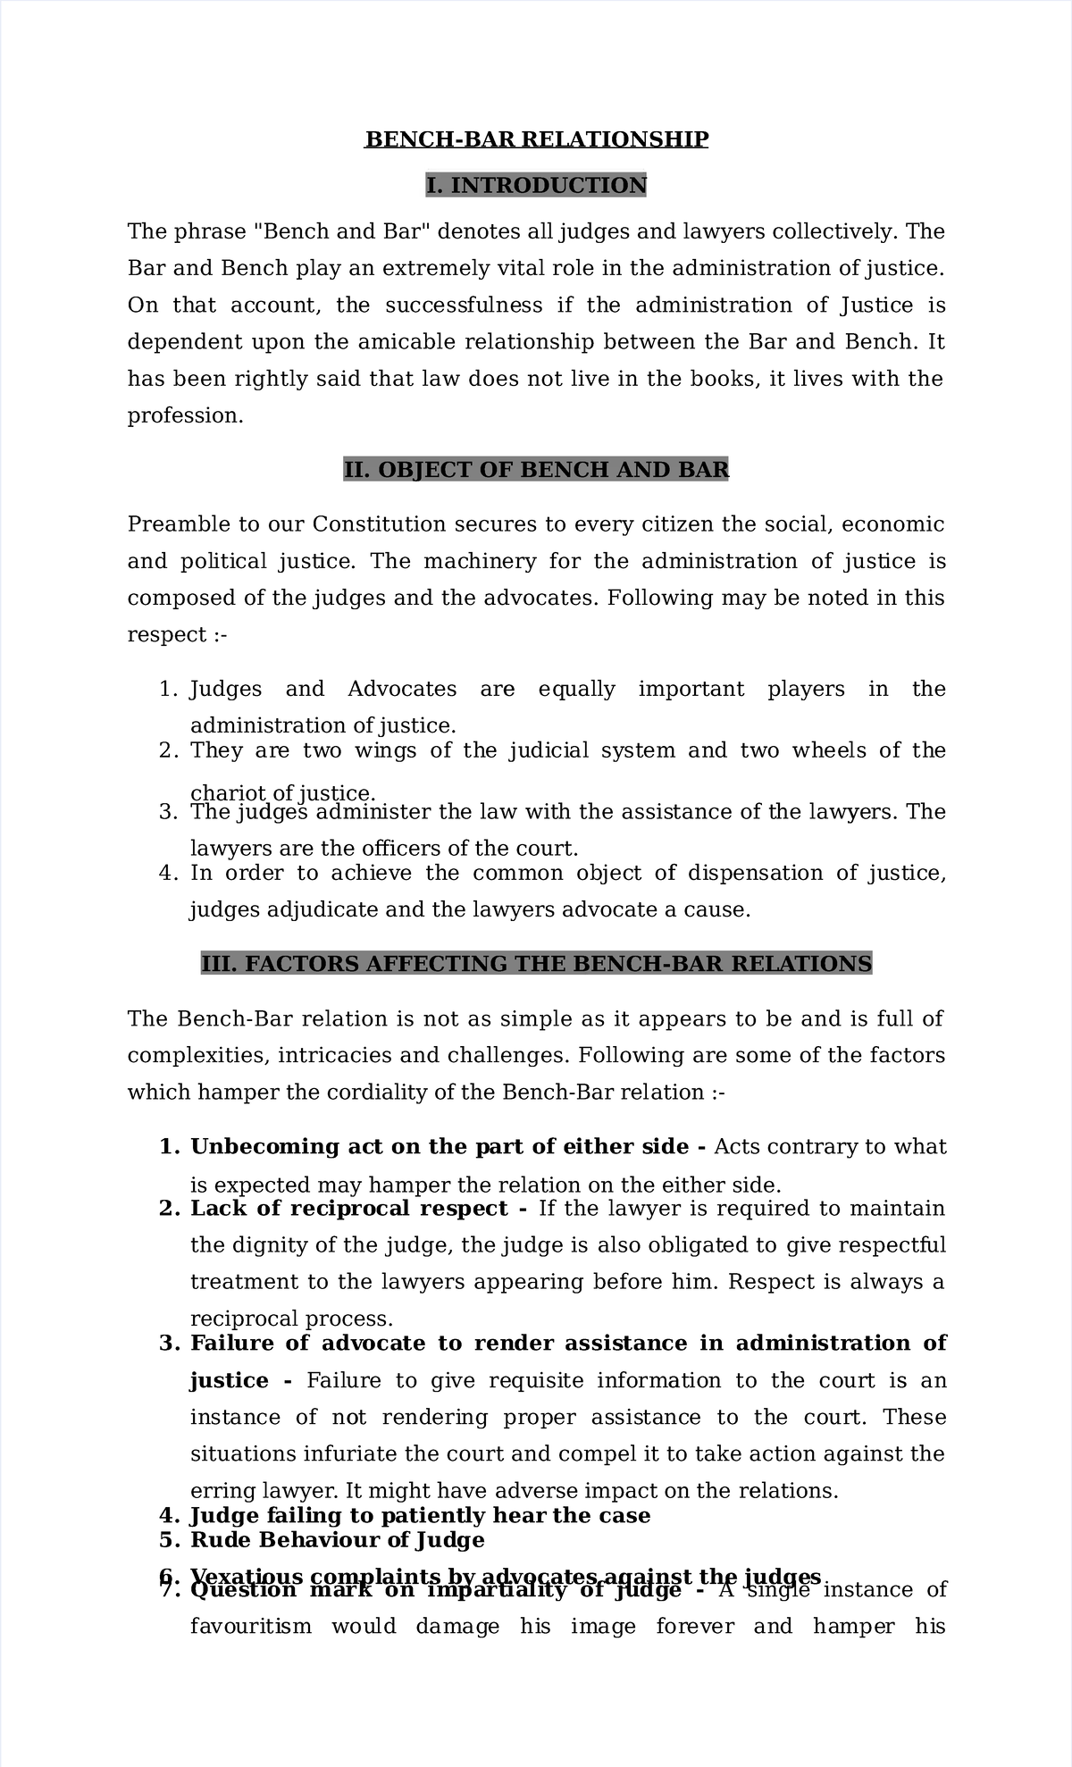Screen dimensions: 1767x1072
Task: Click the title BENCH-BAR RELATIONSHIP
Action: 536,139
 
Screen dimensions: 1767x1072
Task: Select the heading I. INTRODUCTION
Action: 536,185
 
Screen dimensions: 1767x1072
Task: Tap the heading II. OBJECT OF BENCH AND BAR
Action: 536,469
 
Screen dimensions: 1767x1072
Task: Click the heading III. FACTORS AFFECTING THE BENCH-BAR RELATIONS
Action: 536,964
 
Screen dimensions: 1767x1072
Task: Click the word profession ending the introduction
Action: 183,416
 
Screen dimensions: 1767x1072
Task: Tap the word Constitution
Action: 379,524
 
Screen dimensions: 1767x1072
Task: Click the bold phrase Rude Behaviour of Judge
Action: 338,1540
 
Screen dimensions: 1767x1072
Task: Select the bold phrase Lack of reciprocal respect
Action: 349,1209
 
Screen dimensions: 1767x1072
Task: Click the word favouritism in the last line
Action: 251,1627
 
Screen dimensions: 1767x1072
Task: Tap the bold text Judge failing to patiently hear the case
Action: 420,1516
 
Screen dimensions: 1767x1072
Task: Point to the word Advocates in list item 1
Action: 401,690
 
